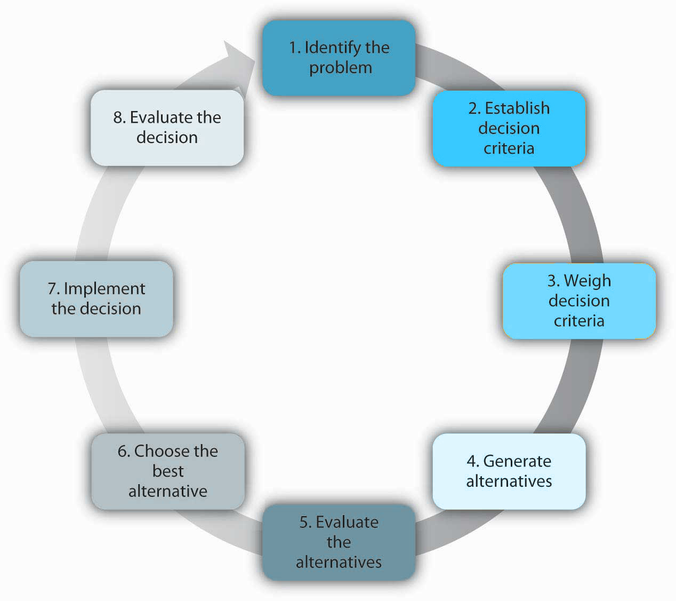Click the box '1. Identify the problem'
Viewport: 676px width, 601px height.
(x=339, y=58)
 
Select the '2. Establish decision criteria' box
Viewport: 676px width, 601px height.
(x=509, y=128)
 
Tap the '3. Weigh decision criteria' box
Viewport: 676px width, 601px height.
(x=579, y=300)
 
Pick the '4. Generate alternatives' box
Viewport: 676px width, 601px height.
(x=509, y=471)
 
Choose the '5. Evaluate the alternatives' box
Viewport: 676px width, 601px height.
(x=339, y=542)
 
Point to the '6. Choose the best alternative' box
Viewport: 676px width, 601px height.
(x=168, y=471)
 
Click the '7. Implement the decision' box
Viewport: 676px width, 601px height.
(x=96, y=298)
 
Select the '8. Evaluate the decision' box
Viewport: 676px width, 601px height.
(x=167, y=127)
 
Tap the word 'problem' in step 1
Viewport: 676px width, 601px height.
(x=341, y=68)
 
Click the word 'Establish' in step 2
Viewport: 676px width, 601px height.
(x=517, y=108)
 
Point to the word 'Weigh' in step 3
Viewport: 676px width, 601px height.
(x=588, y=281)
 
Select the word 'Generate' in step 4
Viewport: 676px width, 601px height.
(x=517, y=461)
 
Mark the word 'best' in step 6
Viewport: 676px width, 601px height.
(x=168, y=471)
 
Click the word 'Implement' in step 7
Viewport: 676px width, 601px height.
(x=104, y=289)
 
